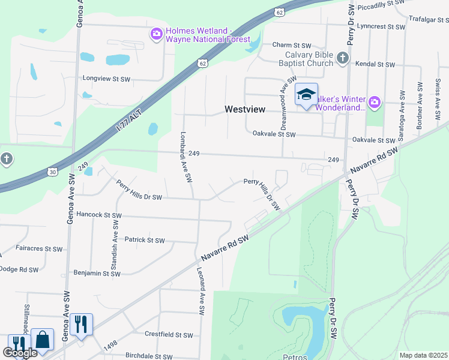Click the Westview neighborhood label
(244, 109)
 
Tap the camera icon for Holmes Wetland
(157, 35)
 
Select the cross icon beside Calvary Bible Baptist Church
(343, 58)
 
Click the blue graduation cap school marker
(306, 95)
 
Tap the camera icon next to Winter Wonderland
(375, 103)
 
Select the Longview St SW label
(106, 79)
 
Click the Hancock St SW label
(99, 215)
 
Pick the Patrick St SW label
(144, 240)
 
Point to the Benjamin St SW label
(97, 274)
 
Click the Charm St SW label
(291, 45)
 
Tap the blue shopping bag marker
(43, 339)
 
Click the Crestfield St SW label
(169, 335)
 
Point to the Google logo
(20, 353)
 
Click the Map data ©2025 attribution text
(423, 355)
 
